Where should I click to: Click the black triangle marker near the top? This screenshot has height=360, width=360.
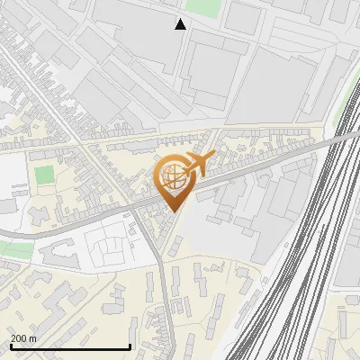[x=181, y=24]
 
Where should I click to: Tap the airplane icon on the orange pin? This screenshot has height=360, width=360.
[x=200, y=164]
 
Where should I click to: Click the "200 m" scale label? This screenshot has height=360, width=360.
[x=23, y=338]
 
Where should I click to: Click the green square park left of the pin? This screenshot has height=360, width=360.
[x=45, y=174]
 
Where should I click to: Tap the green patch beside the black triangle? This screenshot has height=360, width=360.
[x=204, y=7]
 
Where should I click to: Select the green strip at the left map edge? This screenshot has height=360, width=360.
[x=9, y=249]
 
